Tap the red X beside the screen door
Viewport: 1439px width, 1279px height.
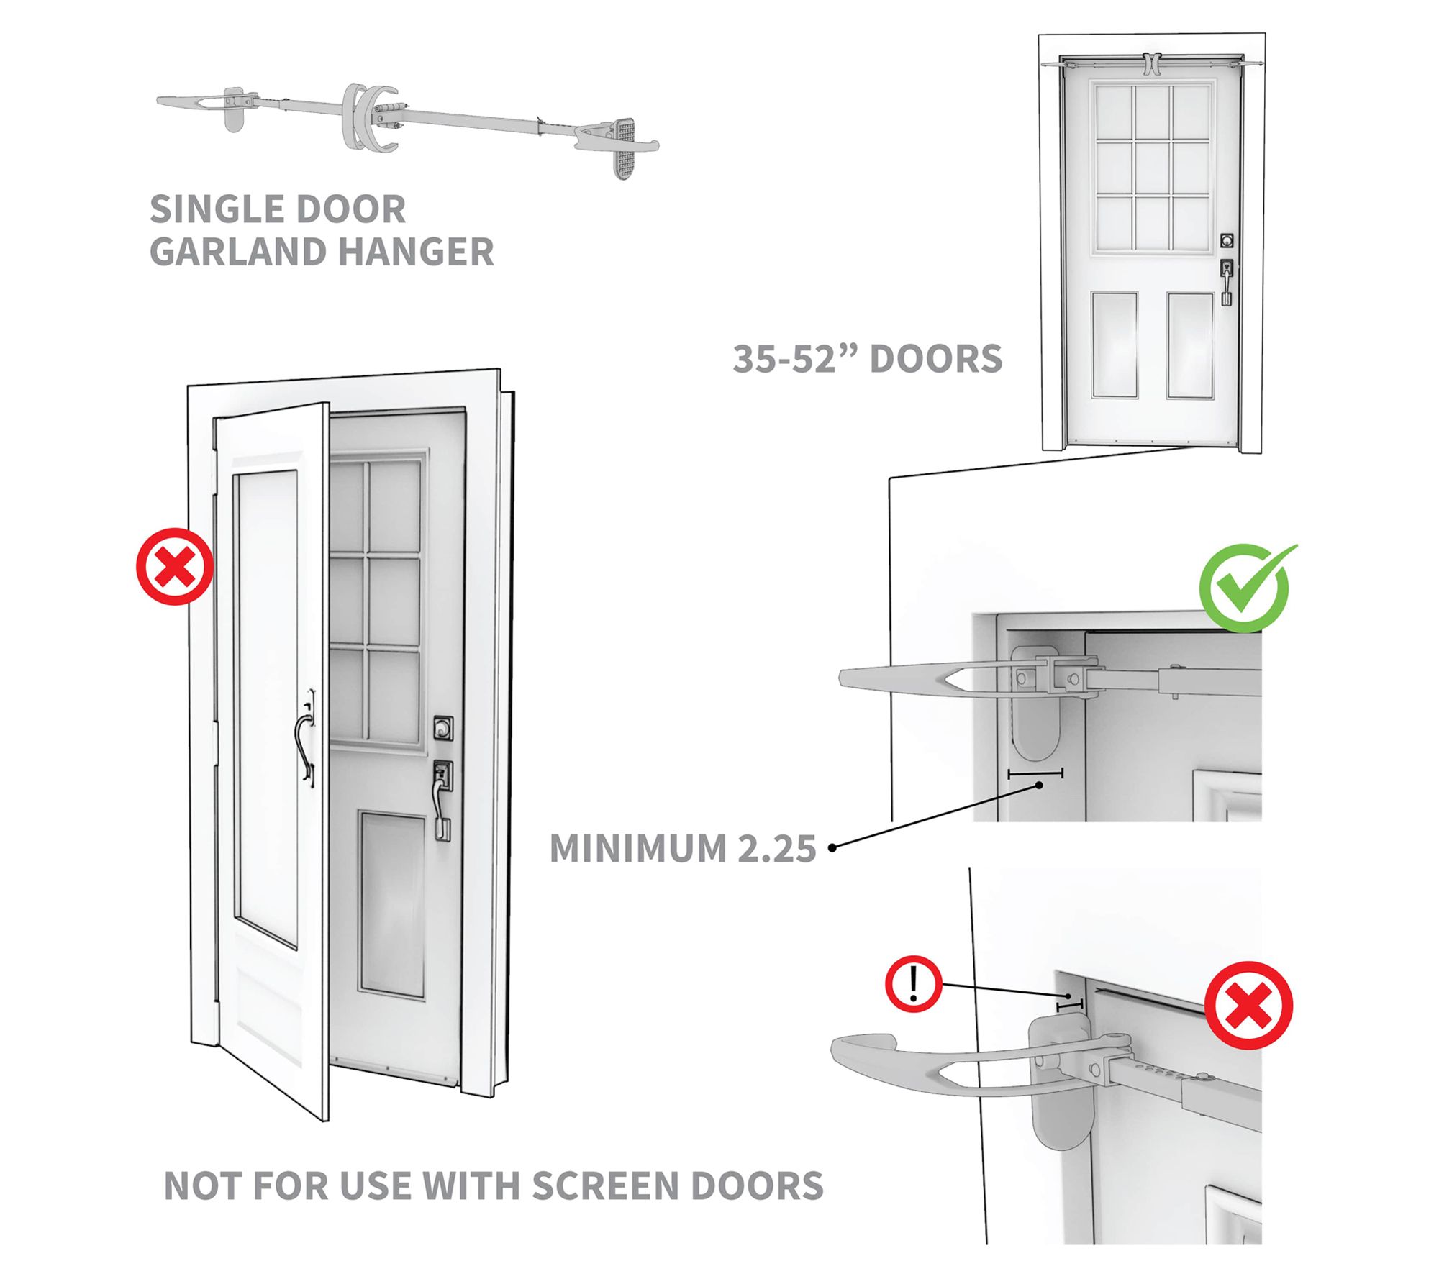(x=175, y=567)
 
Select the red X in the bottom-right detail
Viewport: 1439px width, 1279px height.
(x=1248, y=1006)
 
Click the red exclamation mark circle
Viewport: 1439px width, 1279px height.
(x=914, y=983)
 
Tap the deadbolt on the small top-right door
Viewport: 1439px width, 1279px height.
(x=1227, y=240)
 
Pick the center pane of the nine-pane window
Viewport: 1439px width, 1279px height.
(x=1153, y=168)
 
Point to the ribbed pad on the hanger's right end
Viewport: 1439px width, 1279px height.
(x=622, y=148)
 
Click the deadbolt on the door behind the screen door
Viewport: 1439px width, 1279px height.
(x=443, y=727)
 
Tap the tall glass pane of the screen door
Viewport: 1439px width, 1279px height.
(x=266, y=709)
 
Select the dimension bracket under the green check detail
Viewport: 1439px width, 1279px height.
(x=1035, y=774)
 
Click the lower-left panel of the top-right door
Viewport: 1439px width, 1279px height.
(x=1115, y=345)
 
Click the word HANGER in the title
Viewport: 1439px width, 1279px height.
(x=416, y=252)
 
